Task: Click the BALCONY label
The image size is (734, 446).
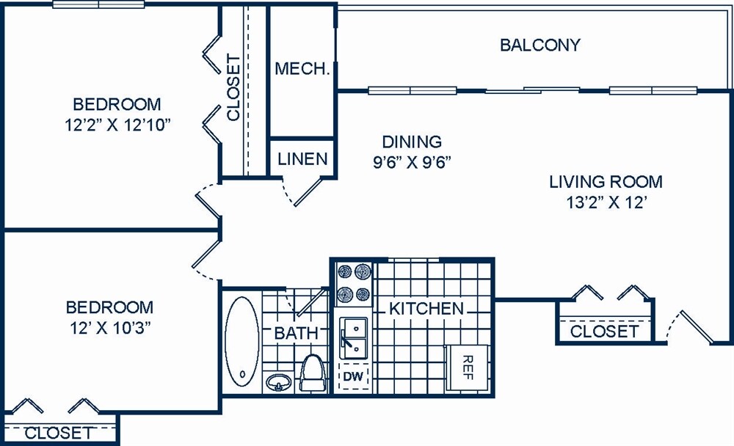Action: coord(539,45)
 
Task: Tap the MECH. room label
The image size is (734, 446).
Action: coord(301,69)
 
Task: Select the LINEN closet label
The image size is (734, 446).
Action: coord(302,159)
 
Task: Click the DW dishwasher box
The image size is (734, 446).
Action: coord(353,377)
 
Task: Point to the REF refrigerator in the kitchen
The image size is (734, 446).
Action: coord(467,365)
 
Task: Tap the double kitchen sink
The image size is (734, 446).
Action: coord(354,337)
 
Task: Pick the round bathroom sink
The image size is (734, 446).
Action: coord(277,383)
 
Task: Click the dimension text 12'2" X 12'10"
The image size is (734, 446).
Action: coord(117,124)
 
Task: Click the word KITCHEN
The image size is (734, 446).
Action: coord(426,309)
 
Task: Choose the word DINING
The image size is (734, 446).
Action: coord(412,142)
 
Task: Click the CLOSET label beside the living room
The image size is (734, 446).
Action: coord(604,332)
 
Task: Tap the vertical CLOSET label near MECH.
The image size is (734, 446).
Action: coord(233,87)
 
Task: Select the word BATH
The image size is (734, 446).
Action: coord(296,333)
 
